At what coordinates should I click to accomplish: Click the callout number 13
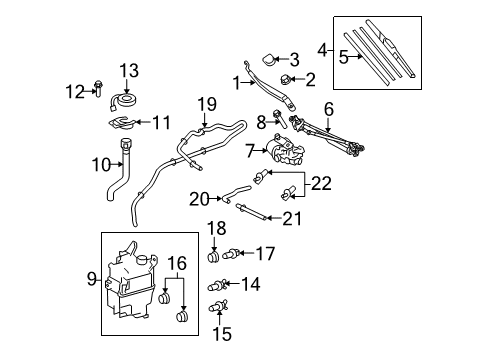coord(128,69)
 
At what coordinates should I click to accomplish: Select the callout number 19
coord(207,103)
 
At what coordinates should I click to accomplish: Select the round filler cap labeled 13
coord(128,100)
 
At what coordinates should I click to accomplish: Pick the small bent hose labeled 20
coord(238,193)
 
